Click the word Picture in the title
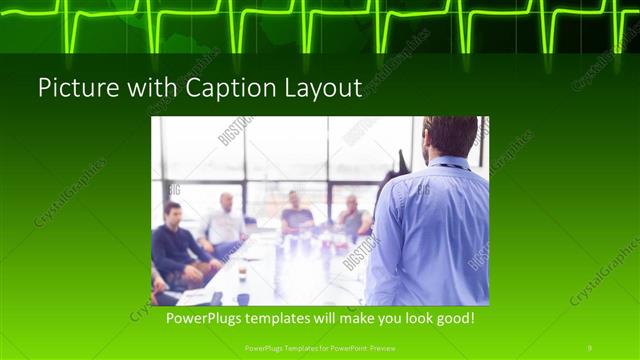click(73, 88)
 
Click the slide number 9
click(589, 348)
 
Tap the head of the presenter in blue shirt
click(450, 137)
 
